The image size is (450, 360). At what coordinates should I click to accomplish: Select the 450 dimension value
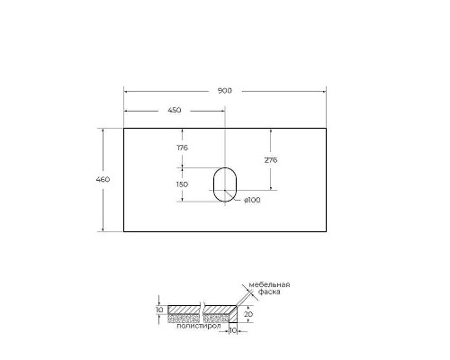click(x=174, y=111)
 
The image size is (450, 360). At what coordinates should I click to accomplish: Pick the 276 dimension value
click(x=269, y=159)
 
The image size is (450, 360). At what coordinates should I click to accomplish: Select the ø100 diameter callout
click(x=252, y=200)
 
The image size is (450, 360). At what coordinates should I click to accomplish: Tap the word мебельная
click(x=268, y=284)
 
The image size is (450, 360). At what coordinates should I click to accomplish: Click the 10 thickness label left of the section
click(x=159, y=310)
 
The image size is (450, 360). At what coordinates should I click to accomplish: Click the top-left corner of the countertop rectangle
click(x=123, y=128)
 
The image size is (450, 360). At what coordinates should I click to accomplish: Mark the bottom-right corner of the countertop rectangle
click(x=325, y=232)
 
